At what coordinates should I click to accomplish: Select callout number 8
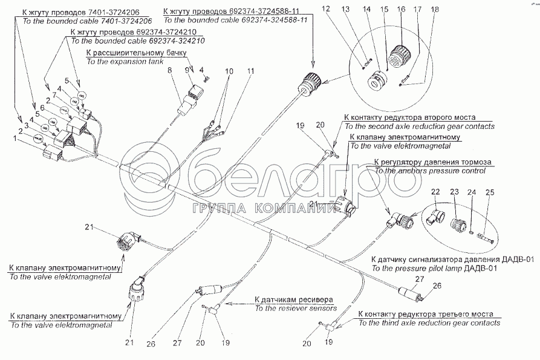[171, 71]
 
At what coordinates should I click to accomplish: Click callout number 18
[432, 10]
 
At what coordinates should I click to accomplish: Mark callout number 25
[490, 192]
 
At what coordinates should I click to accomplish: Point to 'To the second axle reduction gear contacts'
[419, 126]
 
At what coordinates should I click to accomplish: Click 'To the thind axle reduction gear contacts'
[425, 322]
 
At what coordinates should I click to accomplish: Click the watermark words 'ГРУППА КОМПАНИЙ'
[265, 209]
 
